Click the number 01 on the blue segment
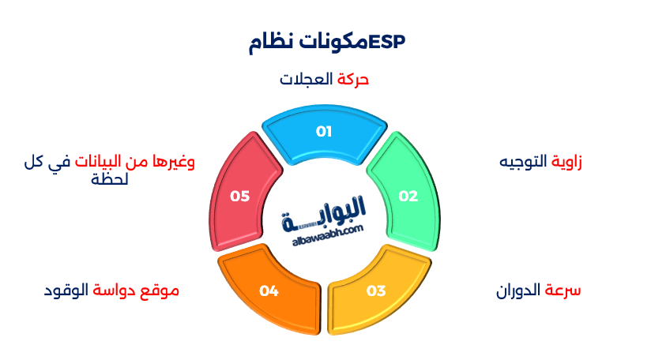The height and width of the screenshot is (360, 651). point(324,131)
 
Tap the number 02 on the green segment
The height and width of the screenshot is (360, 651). point(408,197)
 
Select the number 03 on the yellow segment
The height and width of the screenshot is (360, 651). point(376,291)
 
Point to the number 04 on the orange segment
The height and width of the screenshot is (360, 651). point(269,291)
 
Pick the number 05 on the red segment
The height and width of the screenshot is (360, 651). point(239,197)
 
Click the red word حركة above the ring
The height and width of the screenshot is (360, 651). point(353,80)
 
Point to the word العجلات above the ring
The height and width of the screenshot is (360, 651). point(307,80)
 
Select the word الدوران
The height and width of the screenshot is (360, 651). point(519,291)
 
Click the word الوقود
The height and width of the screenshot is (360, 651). point(66,291)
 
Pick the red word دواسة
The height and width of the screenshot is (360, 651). point(116,291)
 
